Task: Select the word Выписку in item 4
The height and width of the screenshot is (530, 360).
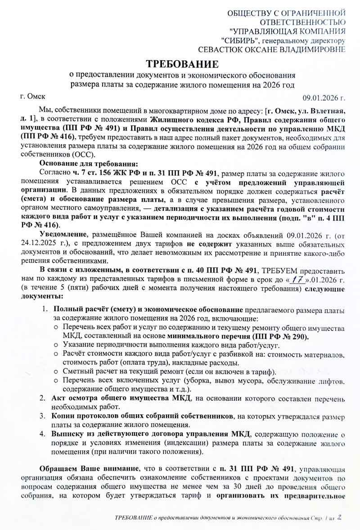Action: coord(69,434)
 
